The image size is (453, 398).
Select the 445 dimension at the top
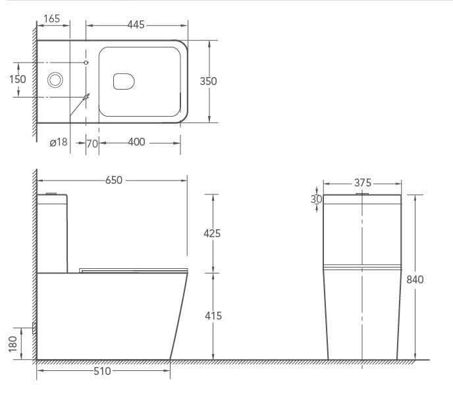click(x=136, y=25)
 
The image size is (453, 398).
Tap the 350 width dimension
click(x=208, y=81)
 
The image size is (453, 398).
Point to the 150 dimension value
click(x=18, y=79)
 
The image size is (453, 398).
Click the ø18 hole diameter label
click(x=59, y=142)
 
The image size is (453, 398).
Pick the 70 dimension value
click(x=92, y=142)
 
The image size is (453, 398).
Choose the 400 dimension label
click(x=137, y=142)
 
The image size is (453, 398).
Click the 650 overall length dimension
click(x=114, y=181)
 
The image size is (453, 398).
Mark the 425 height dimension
click(x=211, y=233)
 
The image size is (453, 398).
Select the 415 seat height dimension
click(x=211, y=316)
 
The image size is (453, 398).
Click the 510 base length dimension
click(x=102, y=371)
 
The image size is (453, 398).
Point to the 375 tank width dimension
click(x=362, y=183)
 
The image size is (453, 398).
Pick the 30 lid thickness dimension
click(x=317, y=200)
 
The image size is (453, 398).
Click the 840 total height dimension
click(x=414, y=279)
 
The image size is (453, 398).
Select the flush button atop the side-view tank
click(x=52, y=194)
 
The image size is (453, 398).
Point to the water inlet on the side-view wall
click(x=34, y=327)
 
